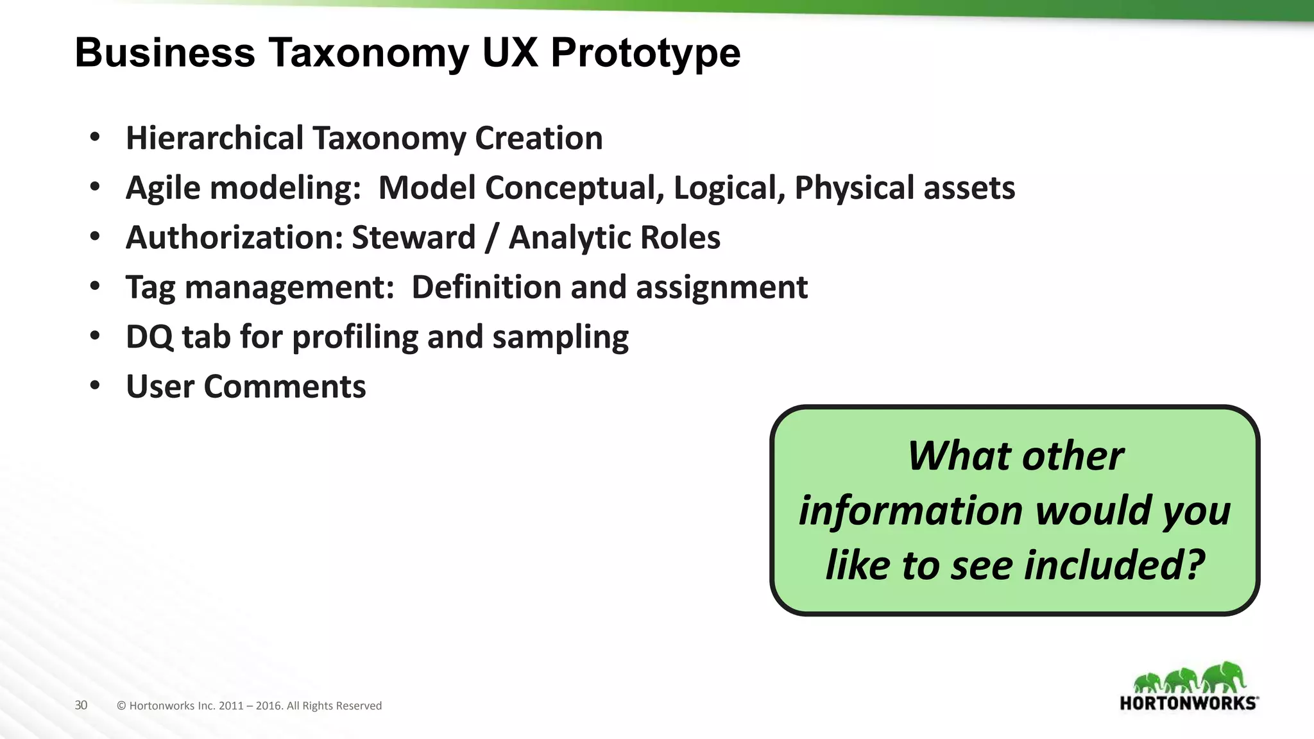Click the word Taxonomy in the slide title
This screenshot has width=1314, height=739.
point(369,53)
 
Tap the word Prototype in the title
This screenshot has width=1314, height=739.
point(645,53)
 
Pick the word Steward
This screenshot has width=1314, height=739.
point(413,237)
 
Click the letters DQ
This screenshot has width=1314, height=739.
point(149,337)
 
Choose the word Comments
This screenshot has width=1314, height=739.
point(284,387)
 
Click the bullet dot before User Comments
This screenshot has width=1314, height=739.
point(96,386)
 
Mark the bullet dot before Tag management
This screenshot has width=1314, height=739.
point(96,287)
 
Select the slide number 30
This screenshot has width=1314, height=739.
point(81,706)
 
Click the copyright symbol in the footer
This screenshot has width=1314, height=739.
point(121,706)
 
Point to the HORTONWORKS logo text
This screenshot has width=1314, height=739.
point(1188,703)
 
